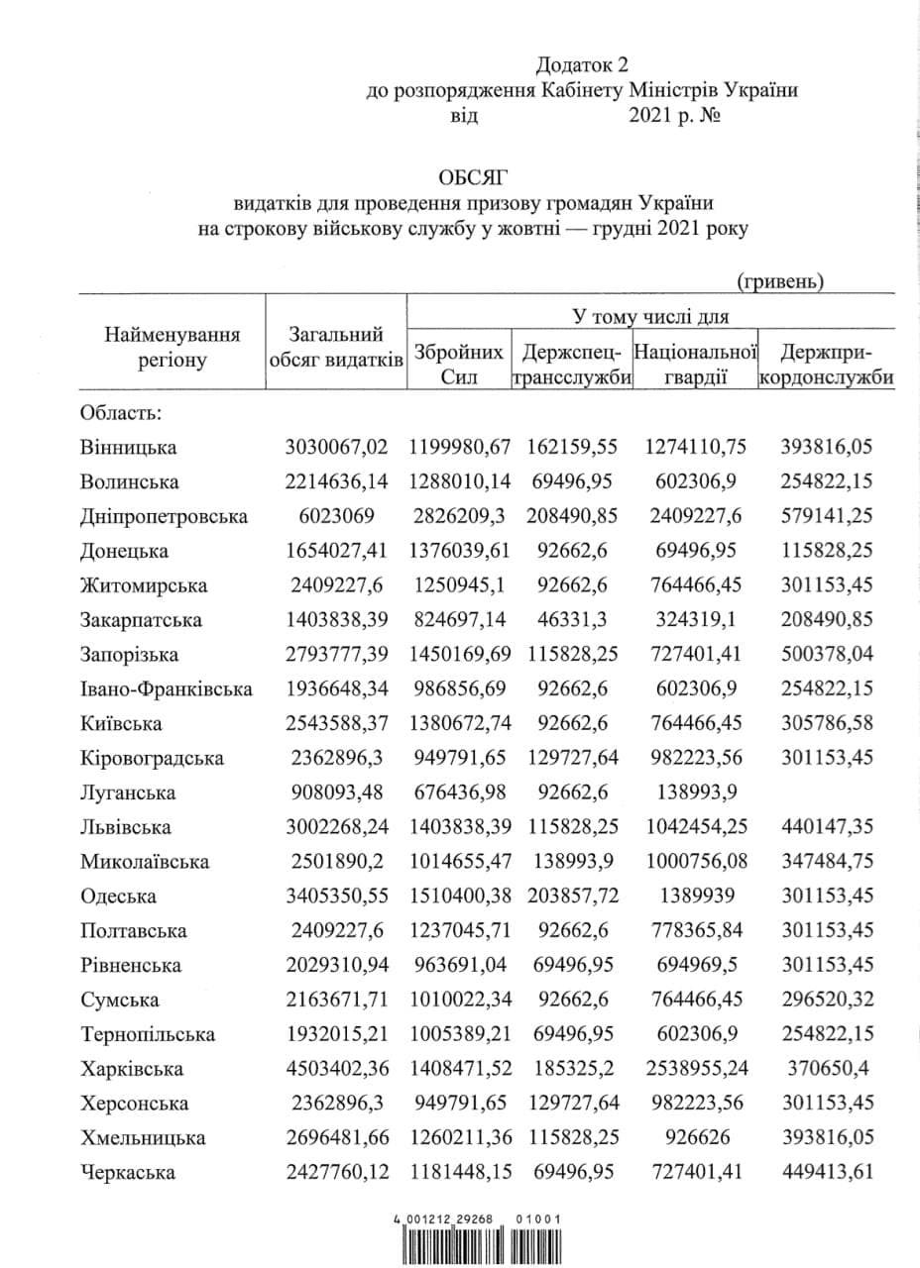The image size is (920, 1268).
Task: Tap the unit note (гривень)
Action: (780, 282)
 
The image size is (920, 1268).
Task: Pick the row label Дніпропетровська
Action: (163, 517)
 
